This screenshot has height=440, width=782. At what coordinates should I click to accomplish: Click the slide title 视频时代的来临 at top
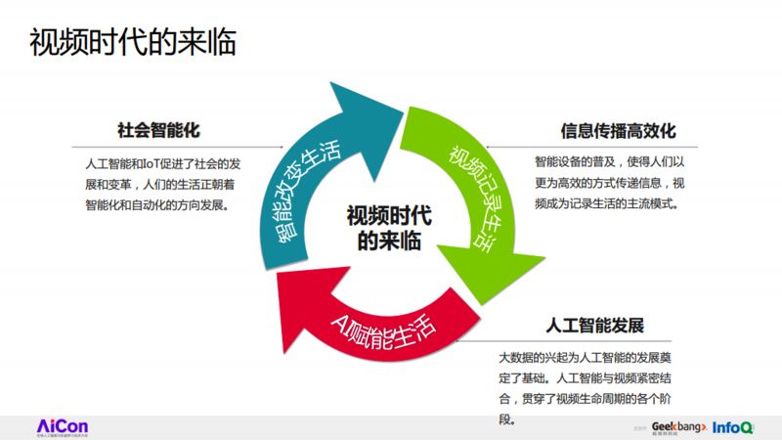click(132, 43)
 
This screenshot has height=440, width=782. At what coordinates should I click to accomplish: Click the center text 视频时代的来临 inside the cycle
click(389, 228)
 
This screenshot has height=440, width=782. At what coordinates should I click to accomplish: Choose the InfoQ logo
click(732, 426)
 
